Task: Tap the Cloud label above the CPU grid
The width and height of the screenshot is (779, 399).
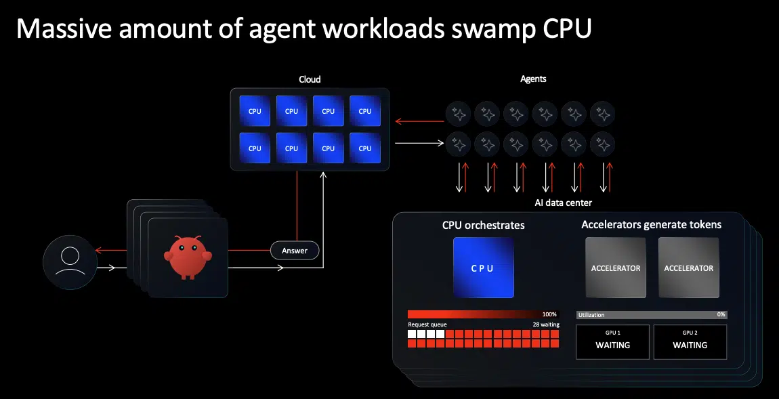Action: [310, 79]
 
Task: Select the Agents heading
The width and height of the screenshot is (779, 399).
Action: [532, 79]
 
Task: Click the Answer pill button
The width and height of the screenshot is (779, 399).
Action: [295, 251]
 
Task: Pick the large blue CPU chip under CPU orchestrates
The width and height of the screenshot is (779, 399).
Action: [483, 268]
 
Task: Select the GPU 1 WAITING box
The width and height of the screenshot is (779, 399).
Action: [612, 341]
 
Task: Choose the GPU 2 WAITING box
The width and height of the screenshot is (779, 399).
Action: [690, 341]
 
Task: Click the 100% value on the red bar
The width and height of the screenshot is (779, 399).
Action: [549, 315]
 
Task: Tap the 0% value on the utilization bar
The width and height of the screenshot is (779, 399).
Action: [721, 315]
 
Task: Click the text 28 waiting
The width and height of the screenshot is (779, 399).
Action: [546, 325]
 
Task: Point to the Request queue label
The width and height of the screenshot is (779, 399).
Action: [427, 325]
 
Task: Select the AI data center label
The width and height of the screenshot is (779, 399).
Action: [563, 203]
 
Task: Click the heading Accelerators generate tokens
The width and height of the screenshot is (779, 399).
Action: [651, 224]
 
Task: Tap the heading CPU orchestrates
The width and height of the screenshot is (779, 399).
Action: [483, 225]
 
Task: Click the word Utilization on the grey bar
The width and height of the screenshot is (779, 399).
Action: [591, 315]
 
